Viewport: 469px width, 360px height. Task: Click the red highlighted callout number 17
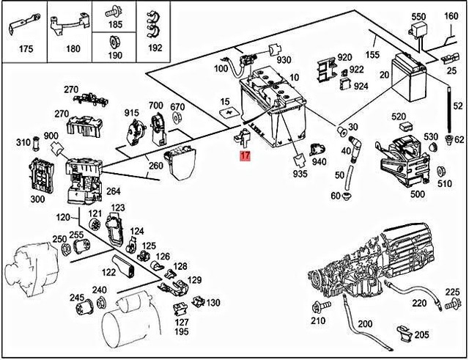tap(245, 156)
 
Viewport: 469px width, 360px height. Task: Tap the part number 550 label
tap(418, 16)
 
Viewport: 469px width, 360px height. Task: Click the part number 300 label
tap(37, 199)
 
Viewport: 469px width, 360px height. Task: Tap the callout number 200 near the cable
tap(365, 323)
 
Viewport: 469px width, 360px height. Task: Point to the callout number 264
tap(114, 192)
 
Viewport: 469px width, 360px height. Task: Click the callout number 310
tap(23, 142)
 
